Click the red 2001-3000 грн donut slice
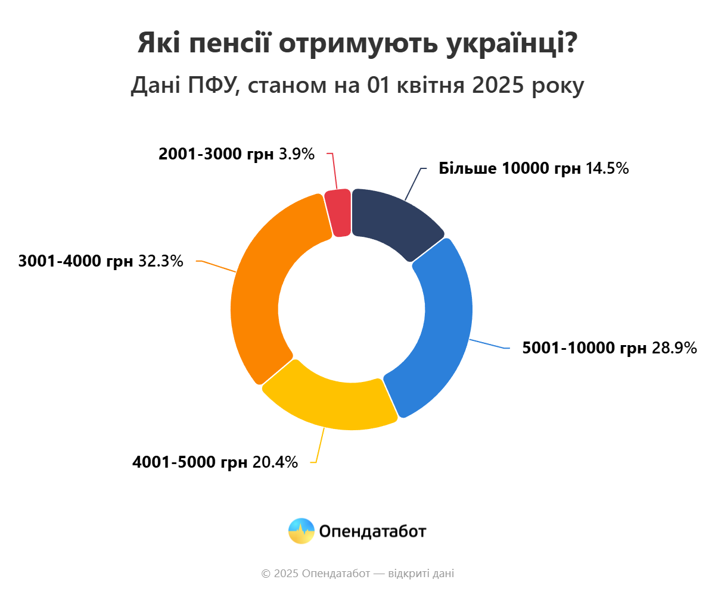tap(338, 213)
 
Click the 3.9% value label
tap(296, 154)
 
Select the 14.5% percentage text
tap(607, 168)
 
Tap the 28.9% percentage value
tap(674, 348)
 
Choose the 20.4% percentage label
tap(275, 462)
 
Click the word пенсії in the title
tap(233, 43)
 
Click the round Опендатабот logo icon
tap(301, 531)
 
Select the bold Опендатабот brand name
tap(372, 531)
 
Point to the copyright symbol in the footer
tap(266, 574)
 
